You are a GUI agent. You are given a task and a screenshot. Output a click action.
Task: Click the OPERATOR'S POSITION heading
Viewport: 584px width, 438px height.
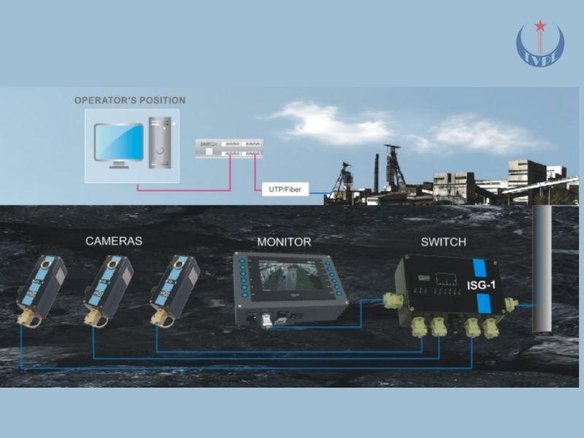coord(130,100)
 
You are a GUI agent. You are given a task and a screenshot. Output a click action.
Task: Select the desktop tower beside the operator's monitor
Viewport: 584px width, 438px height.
coord(161,142)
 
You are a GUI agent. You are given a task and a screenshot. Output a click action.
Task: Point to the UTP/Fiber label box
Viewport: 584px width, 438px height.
coord(285,190)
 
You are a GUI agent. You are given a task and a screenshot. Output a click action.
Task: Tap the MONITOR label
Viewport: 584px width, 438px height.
coord(284,242)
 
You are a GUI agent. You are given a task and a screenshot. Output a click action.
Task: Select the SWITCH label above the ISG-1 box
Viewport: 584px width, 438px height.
coord(443,242)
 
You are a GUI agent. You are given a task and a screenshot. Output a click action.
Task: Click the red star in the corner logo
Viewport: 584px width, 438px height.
coord(540,27)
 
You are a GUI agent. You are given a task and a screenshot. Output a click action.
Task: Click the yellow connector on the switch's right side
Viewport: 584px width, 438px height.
coord(510,302)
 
